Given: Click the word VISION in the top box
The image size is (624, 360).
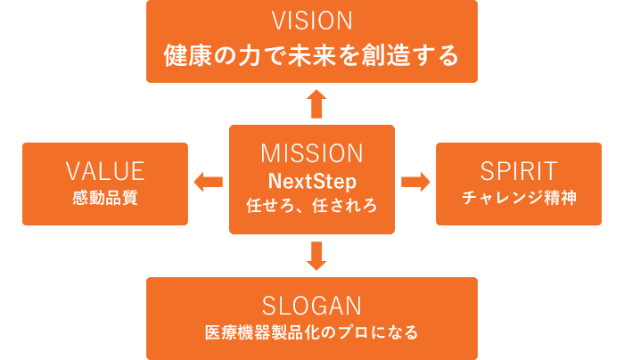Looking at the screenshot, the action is click(312, 20).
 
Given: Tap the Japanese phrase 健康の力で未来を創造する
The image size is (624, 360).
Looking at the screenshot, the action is click(312, 55).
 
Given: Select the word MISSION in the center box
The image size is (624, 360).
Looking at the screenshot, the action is click(312, 153).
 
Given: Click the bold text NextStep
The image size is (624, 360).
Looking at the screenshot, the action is click(312, 182).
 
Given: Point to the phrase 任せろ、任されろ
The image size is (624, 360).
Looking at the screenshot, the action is click(312, 205).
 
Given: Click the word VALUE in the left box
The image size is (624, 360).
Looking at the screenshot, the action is click(105, 171).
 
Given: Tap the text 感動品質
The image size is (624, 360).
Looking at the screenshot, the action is click(105, 198).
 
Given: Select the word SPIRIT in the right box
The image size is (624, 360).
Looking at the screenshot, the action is click(519, 171).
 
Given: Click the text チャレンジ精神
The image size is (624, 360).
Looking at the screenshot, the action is click(519, 198).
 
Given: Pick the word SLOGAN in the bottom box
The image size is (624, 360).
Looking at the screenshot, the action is click(312, 306).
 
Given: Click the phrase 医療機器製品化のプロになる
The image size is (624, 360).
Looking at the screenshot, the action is click(312, 332).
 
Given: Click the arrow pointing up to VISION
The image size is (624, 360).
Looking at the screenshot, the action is click(316, 104).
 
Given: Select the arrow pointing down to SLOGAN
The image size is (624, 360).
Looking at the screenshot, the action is click(316, 256).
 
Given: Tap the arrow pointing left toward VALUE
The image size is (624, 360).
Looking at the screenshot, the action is click(208, 182).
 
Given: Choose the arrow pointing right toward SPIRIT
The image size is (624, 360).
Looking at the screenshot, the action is click(415, 182).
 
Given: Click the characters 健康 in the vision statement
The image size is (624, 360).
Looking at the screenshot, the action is click(188, 55).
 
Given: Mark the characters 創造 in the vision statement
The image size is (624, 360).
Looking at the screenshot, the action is click(386, 55).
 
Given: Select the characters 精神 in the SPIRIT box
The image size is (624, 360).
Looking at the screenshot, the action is click(561, 198).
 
